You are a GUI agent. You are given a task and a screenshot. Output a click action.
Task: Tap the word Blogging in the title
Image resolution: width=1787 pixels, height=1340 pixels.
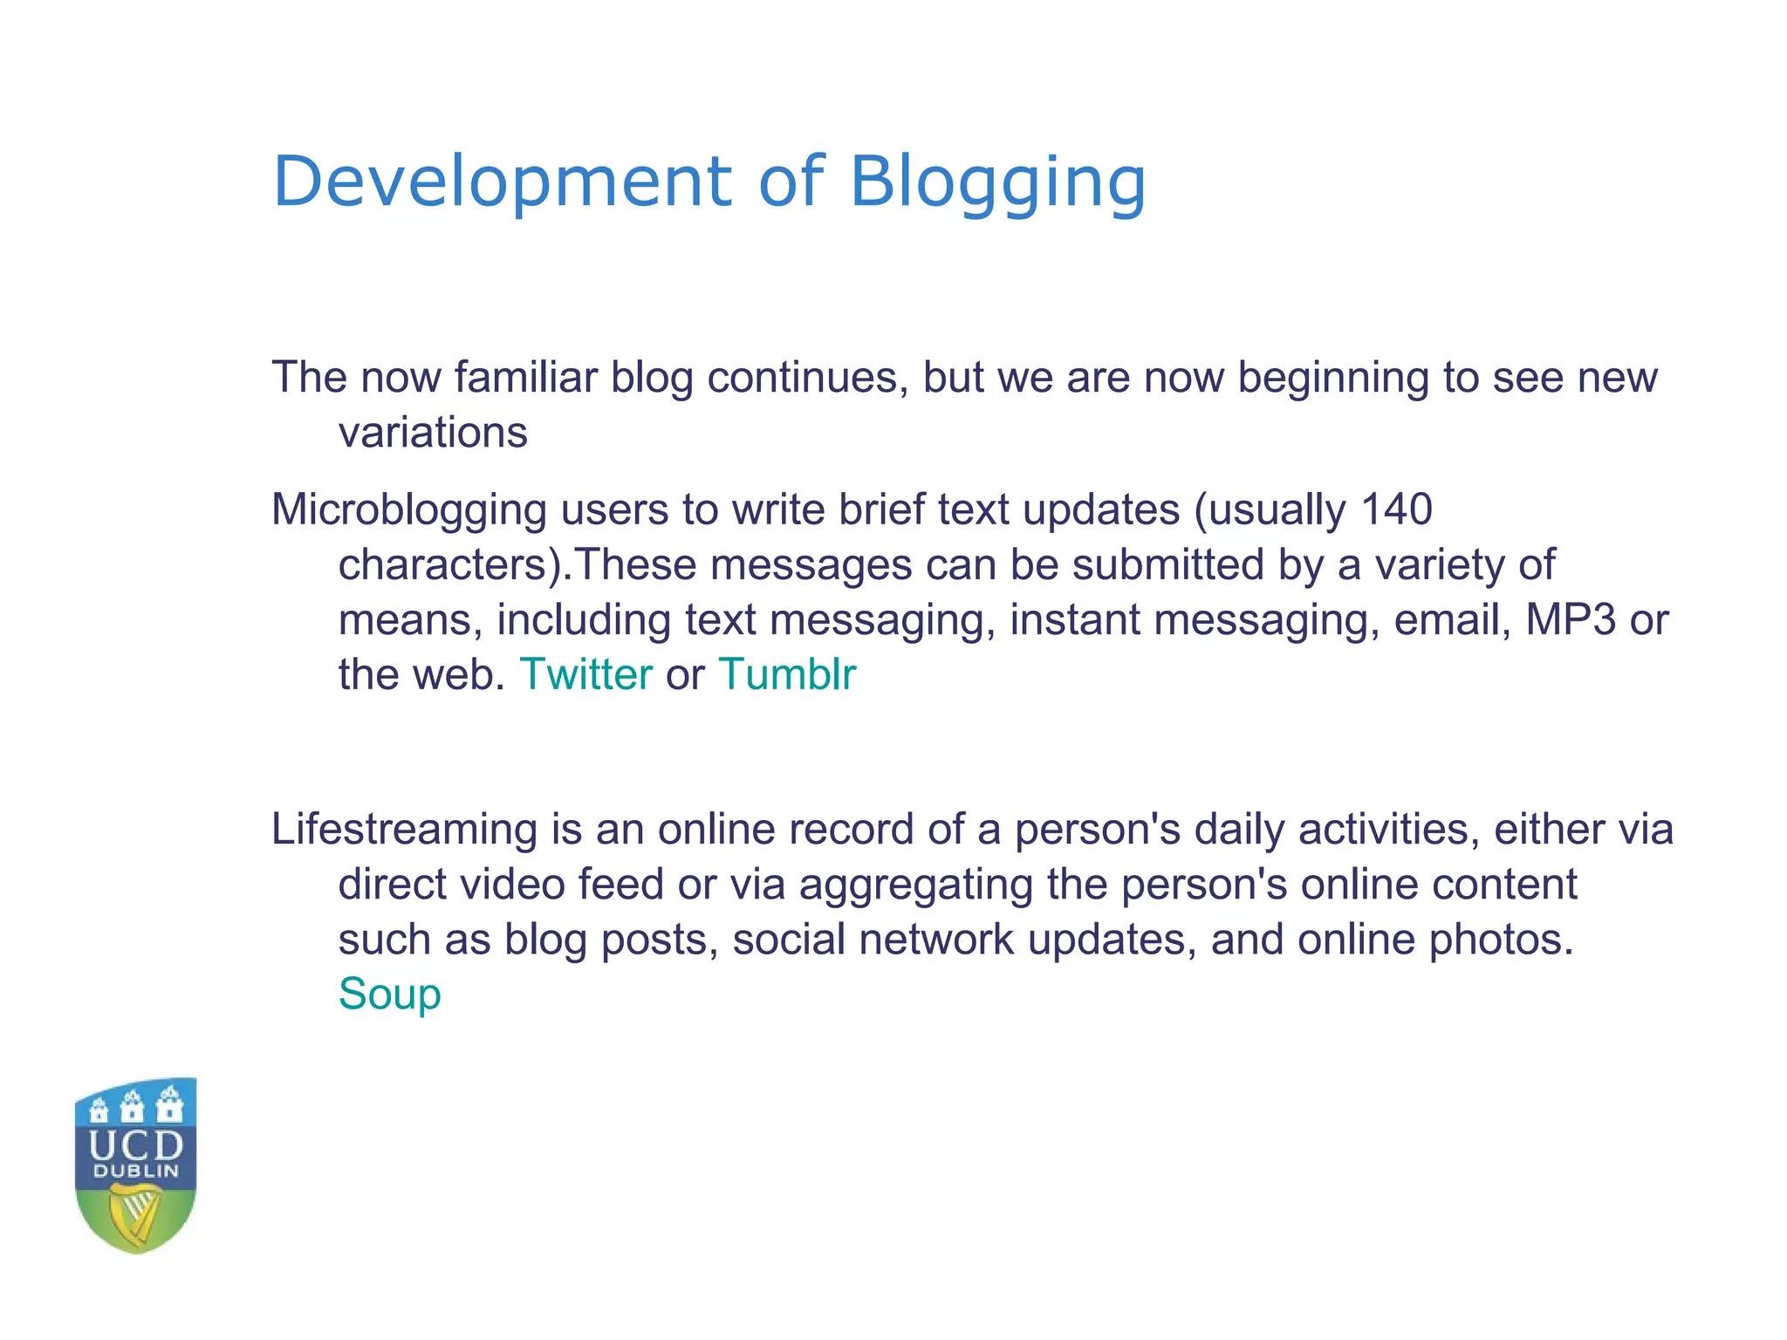point(996,183)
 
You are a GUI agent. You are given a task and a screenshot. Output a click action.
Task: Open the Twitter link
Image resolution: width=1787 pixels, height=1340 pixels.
point(585,674)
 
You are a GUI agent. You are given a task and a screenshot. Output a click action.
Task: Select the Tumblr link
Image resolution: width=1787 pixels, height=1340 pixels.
point(787,674)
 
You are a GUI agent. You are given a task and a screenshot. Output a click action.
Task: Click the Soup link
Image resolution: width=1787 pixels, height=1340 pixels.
point(389,995)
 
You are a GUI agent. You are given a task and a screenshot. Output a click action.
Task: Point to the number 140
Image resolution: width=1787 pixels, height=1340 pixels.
point(1396,509)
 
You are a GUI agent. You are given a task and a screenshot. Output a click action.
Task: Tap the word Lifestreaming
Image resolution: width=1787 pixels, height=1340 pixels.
point(404,830)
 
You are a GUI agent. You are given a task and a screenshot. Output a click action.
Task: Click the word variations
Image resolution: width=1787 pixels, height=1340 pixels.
point(433,433)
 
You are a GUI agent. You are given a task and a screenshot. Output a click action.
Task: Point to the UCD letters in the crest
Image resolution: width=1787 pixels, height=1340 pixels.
point(136,1145)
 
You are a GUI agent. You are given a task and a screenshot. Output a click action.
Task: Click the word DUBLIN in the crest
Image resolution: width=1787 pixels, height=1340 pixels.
point(136,1172)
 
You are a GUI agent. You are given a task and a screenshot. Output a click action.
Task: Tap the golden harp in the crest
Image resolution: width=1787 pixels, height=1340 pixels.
point(135,1214)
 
